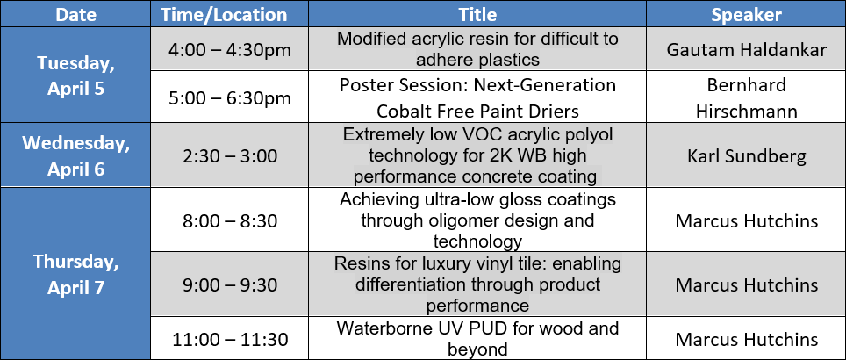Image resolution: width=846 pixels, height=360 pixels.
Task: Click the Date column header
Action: coord(75,15)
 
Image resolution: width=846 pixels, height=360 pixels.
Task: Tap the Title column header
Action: coord(477,15)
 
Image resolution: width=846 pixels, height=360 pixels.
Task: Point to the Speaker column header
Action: coord(746,15)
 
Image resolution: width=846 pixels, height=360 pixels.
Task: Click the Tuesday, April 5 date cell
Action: coord(75,76)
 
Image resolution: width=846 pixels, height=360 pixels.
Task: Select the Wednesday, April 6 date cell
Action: coord(75,155)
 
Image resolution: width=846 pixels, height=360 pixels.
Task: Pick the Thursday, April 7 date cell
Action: coord(75,274)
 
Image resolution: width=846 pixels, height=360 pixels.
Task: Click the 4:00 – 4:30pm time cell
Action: coord(230,50)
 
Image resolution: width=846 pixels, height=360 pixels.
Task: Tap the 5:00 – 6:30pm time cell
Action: coord(230,97)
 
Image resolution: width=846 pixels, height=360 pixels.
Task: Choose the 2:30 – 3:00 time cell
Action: coord(230,156)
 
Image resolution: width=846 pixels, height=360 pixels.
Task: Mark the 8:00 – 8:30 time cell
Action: coord(230,220)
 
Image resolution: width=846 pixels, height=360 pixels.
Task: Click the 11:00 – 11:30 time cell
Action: coord(230,340)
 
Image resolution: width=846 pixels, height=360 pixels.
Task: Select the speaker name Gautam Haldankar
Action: coord(746,50)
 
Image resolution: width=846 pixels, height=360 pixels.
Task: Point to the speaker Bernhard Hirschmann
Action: coord(746,97)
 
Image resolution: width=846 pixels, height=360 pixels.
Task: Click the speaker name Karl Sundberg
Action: coord(746,156)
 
